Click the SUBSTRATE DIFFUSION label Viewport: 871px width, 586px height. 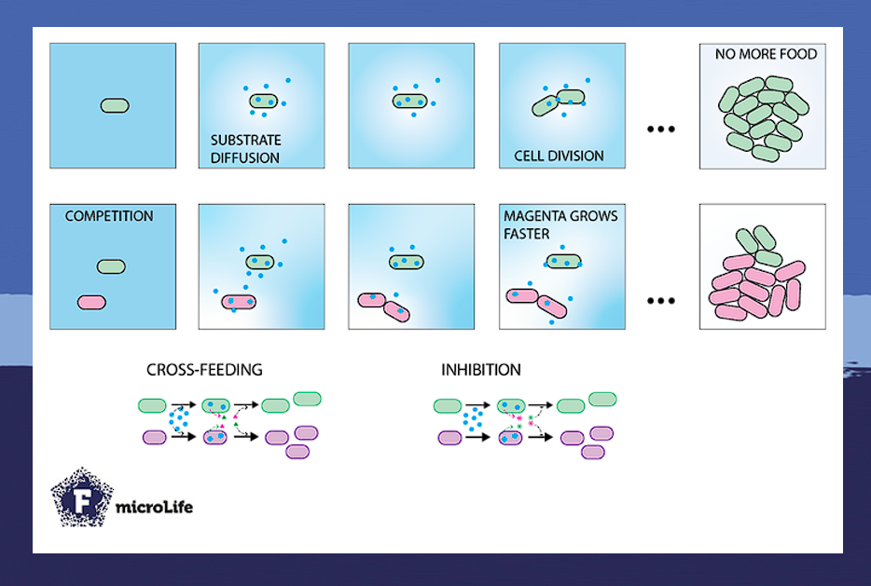(x=244, y=149)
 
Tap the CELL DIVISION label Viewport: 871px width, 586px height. (x=559, y=157)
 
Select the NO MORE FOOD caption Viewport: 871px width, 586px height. (x=766, y=55)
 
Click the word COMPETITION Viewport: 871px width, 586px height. (x=109, y=216)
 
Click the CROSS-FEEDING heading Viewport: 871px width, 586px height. (x=204, y=370)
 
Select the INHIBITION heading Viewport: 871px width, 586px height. (x=480, y=370)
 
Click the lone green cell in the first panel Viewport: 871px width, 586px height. (x=114, y=105)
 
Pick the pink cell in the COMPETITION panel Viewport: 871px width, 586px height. (x=91, y=303)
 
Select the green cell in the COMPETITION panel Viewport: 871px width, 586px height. (x=111, y=266)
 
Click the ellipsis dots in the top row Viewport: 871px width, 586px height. (x=660, y=129)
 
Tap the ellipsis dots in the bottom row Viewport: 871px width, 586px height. (x=660, y=301)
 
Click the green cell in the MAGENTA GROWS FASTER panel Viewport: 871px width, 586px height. (x=563, y=263)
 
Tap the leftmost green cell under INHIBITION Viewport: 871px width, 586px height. (x=448, y=405)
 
